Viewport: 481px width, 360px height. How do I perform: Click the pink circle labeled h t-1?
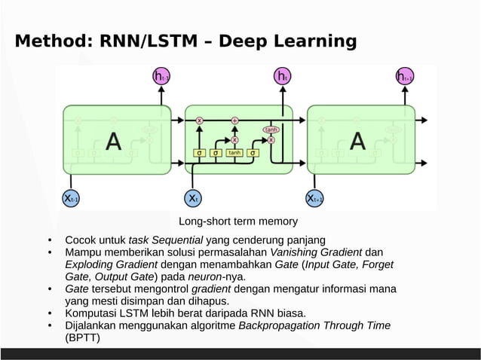(x=161, y=76)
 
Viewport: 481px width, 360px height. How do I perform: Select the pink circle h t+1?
(x=404, y=76)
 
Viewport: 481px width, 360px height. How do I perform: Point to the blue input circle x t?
(x=193, y=198)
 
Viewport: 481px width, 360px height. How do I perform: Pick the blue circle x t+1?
(x=314, y=198)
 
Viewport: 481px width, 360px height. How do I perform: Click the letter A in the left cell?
(x=113, y=141)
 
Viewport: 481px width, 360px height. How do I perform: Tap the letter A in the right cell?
(x=357, y=141)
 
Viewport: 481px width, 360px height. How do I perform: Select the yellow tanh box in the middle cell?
(x=234, y=153)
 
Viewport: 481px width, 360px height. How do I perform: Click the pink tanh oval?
(x=271, y=130)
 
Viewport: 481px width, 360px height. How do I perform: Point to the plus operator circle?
(x=234, y=120)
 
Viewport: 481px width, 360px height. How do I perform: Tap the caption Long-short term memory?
(x=238, y=221)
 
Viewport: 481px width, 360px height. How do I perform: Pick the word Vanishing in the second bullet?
(x=293, y=252)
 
